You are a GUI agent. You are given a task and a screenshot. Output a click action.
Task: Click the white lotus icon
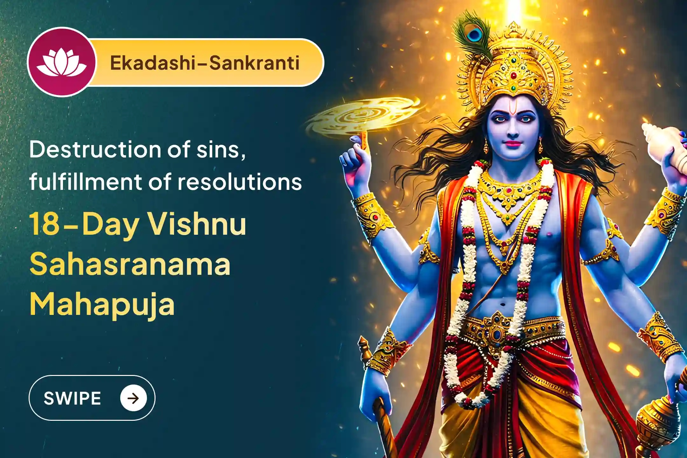61,63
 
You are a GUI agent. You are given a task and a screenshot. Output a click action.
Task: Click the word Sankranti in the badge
254,63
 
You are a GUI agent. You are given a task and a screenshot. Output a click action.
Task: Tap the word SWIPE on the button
72,398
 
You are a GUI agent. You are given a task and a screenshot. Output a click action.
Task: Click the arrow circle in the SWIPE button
133,398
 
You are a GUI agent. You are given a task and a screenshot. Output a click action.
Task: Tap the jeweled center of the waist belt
497,331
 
